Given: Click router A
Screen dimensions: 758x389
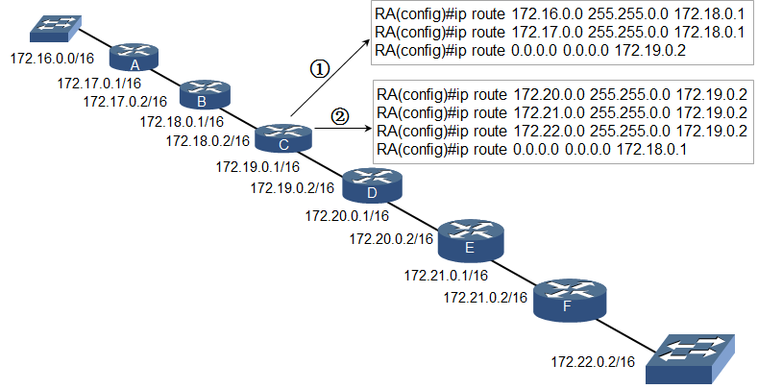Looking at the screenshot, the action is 134,58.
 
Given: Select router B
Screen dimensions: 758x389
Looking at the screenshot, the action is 205,94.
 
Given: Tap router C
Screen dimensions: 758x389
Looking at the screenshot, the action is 283,137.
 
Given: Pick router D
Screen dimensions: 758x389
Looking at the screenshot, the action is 372,185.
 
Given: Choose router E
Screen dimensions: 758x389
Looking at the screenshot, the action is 471,241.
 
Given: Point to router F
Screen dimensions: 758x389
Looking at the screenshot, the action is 570,300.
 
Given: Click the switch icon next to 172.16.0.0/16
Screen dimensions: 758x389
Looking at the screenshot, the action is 56,29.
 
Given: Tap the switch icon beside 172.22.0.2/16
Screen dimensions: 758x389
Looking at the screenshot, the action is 691,359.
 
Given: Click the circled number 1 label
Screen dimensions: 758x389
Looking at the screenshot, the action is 319,69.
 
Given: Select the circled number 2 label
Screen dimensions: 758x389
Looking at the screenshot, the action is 339,116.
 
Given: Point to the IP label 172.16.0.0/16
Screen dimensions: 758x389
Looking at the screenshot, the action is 52,59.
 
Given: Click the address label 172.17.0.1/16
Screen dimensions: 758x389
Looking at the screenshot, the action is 99,84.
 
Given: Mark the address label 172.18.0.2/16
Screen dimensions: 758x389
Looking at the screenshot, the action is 208,141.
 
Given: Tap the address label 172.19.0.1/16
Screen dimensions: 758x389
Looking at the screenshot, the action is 257,167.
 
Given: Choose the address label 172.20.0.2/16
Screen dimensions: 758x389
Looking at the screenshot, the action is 392,239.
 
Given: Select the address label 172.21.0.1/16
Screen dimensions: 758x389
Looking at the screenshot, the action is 446,276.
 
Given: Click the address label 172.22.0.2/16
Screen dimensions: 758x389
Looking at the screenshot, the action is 593,361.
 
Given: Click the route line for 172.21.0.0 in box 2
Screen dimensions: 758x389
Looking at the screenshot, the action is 562,112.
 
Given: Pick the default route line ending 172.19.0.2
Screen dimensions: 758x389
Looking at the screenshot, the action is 530,50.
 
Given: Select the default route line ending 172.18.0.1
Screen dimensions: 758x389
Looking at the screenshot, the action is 532,149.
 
